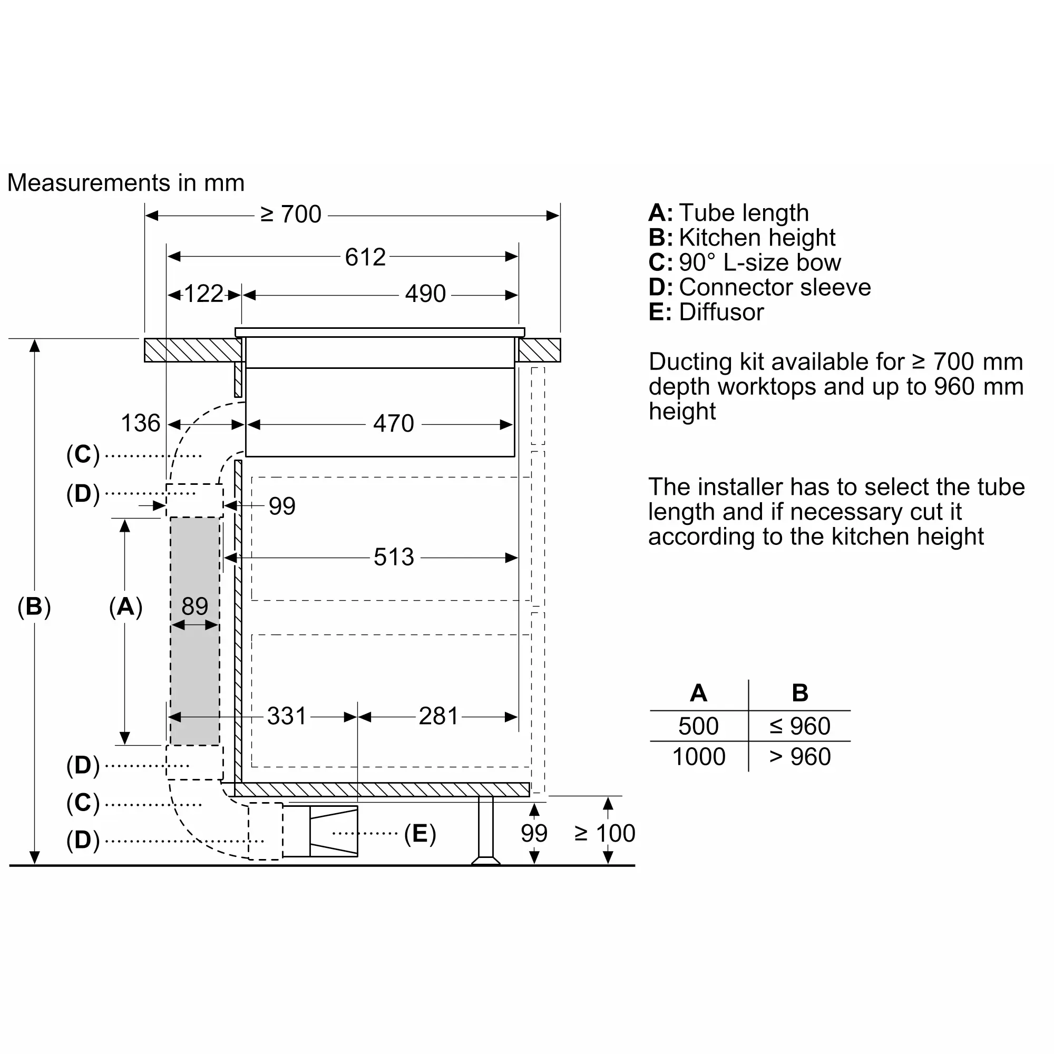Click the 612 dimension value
[x=365, y=257]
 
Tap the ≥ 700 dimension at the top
[x=291, y=214]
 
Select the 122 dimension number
[x=204, y=294]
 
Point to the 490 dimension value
[x=425, y=294]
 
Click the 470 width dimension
[x=393, y=423]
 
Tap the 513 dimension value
[x=394, y=557]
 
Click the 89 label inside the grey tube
[x=195, y=606]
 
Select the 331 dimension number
[x=287, y=716]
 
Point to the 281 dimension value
[x=438, y=716]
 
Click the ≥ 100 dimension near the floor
[x=605, y=833]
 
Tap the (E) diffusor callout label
[x=420, y=834]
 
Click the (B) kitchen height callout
[x=34, y=607]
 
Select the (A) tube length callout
[x=125, y=607]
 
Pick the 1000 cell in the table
[x=699, y=757]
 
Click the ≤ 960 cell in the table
[x=800, y=726]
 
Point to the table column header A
[x=698, y=693]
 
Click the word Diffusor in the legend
[x=721, y=312]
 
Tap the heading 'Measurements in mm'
[x=126, y=183]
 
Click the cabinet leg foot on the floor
[x=485, y=861]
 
